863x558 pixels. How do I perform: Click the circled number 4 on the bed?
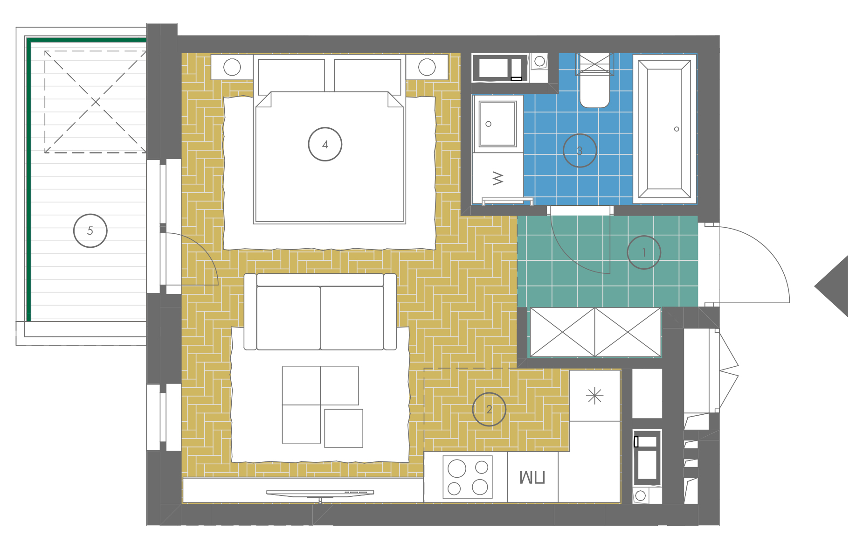click(x=325, y=144)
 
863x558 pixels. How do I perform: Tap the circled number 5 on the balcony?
click(x=90, y=230)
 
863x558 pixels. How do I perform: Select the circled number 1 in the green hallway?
click(x=644, y=252)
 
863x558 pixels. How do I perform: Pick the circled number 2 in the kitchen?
click(x=489, y=409)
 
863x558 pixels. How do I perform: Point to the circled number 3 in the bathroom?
click(x=580, y=151)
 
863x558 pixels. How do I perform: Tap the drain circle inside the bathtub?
click(x=677, y=129)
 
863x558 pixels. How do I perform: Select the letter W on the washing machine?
click(x=498, y=178)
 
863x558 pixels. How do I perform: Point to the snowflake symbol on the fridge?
click(x=595, y=396)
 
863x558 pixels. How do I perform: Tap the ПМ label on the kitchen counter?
click(x=532, y=477)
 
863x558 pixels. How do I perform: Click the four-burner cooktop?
click(x=468, y=477)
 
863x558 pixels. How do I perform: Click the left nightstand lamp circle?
click(x=232, y=67)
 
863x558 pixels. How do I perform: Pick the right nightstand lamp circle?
click(x=427, y=67)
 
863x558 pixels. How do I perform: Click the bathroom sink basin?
click(x=498, y=124)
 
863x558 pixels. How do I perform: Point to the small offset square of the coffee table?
click(x=344, y=428)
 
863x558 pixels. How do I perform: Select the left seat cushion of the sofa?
click(x=289, y=318)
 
